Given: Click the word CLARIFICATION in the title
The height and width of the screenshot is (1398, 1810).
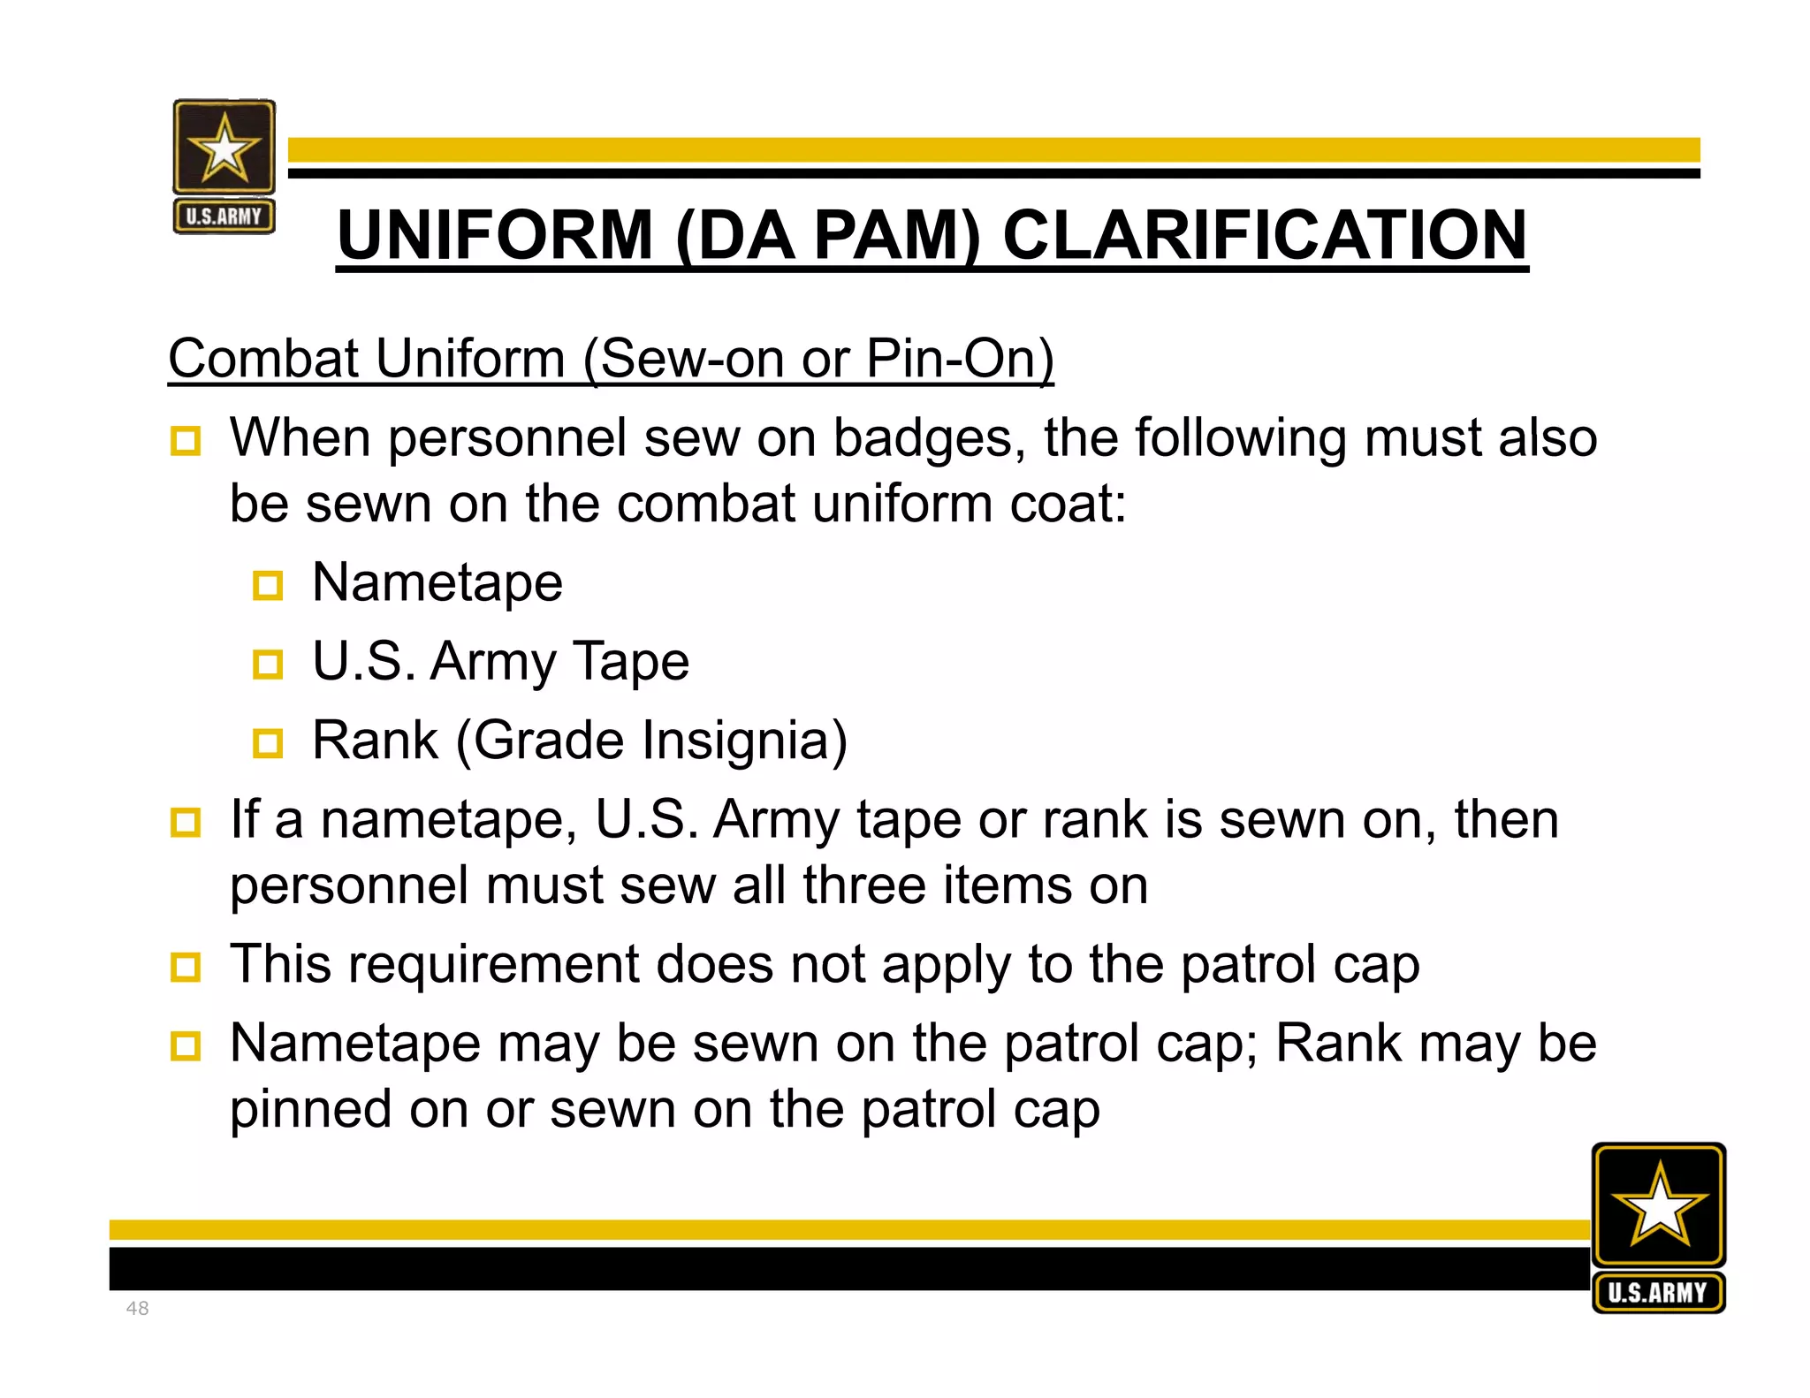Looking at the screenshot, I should tap(1265, 235).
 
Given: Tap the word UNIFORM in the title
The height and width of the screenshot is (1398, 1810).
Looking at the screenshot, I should tap(495, 235).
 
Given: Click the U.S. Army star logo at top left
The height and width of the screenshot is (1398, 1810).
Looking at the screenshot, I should tap(224, 166).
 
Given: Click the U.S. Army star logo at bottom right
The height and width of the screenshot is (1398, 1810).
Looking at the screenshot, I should tap(1658, 1227).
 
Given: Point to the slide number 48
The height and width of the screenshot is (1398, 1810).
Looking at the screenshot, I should tap(138, 1308).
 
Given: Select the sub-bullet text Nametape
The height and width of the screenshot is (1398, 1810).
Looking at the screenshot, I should tap(437, 582).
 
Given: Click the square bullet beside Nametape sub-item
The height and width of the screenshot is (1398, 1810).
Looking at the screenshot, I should tap(268, 585).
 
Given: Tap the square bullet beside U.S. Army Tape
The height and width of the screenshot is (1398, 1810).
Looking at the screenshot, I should tap(268, 664).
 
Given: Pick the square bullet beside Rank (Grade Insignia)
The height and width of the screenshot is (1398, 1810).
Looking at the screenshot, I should tap(268, 742).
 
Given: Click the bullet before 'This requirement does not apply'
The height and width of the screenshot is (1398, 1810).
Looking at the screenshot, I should tap(186, 967).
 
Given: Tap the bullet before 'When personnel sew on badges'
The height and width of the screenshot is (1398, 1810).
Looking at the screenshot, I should tap(186, 440).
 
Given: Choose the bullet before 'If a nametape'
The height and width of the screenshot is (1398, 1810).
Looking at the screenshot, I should tap(186, 822).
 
